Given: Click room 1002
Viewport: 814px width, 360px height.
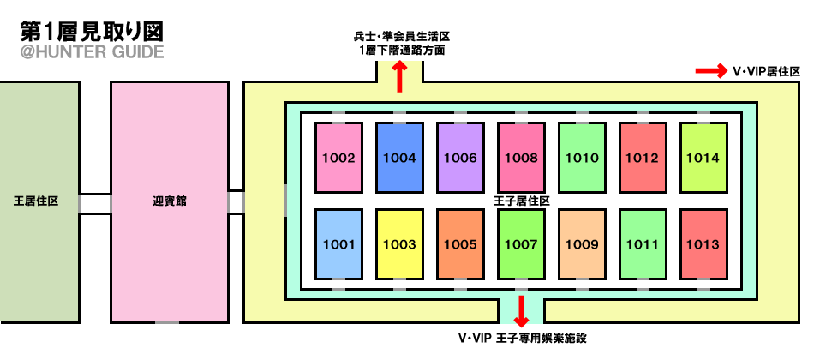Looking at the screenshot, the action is (339, 158).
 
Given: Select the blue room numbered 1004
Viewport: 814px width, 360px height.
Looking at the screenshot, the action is (400, 158).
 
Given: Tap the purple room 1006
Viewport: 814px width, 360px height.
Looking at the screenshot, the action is (460, 158).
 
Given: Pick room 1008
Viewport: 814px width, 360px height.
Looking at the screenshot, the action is (521, 158).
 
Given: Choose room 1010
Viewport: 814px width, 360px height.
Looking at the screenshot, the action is (582, 158).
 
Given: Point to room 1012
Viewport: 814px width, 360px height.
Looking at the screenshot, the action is (643, 158).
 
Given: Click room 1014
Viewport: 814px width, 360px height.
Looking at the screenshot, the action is (703, 158).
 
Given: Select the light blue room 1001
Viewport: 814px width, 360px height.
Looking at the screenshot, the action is (339, 243).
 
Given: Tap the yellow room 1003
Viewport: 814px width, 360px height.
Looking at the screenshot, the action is (400, 243).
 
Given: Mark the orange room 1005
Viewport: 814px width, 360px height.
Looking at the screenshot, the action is (460, 243).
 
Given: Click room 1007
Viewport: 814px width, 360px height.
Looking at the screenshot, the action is (521, 243).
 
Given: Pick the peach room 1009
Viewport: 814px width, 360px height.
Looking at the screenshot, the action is (582, 243).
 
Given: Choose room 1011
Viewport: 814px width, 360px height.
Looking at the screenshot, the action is (643, 243).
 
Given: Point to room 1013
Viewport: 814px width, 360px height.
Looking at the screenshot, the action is (703, 243).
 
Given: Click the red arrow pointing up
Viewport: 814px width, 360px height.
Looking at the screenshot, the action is (400, 77).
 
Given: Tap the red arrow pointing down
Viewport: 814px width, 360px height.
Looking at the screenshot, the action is (521, 311).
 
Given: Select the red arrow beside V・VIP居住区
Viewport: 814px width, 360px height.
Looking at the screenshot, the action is (712, 71).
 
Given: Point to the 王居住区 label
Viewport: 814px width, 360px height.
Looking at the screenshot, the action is (36, 201).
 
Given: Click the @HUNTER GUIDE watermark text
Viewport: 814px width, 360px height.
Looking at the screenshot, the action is (93, 52).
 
